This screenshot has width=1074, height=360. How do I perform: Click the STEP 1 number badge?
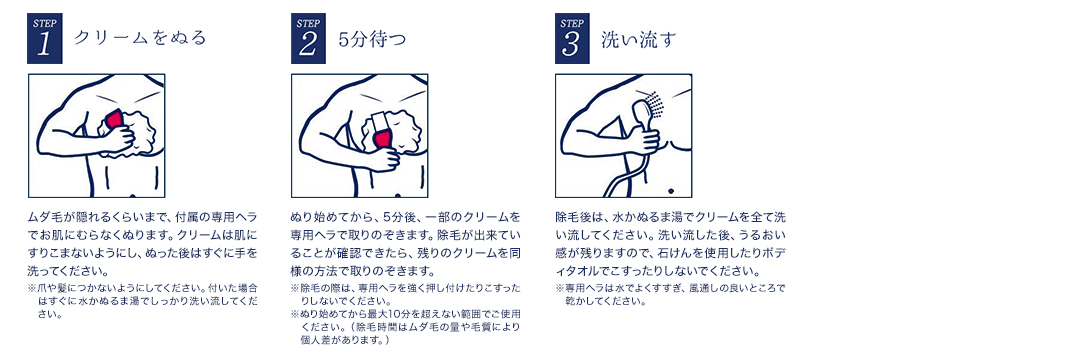[45, 38]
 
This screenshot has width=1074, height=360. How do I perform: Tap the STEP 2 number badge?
[308, 38]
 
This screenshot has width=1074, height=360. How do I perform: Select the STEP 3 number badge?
[572, 38]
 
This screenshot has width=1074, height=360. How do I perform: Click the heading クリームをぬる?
[139, 38]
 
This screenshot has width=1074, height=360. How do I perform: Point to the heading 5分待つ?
[372, 39]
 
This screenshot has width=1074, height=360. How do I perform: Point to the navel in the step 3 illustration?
[669, 189]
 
